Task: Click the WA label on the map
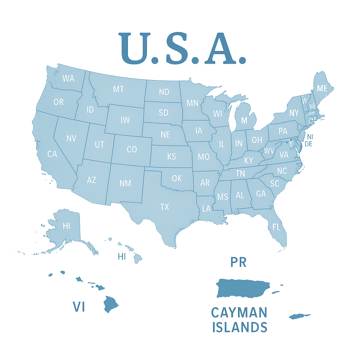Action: click(68, 78)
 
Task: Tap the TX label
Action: click(165, 207)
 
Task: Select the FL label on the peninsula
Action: click(276, 227)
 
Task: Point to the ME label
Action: click(322, 89)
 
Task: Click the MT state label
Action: click(118, 89)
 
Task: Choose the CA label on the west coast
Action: click(52, 154)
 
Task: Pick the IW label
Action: click(125, 120)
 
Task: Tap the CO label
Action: click(131, 149)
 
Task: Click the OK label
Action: click(177, 179)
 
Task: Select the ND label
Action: click(164, 92)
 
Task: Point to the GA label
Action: click(261, 194)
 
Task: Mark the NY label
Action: click(294, 113)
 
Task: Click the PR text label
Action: click(238, 262)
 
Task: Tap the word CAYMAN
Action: click(239, 312)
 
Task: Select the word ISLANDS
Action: click(239, 327)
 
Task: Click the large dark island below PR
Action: click(243, 288)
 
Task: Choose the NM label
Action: click(125, 183)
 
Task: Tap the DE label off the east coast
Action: click(309, 144)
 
